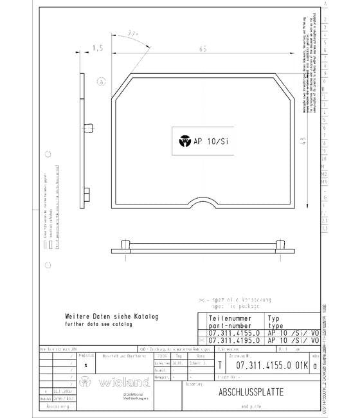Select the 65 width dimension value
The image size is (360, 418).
(x=203, y=48)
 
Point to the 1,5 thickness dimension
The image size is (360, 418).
(x=98, y=48)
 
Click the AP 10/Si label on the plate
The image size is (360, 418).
(x=212, y=142)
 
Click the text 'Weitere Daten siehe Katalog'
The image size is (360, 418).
(x=111, y=317)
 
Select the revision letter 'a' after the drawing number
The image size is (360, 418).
(x=314, y=365)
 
